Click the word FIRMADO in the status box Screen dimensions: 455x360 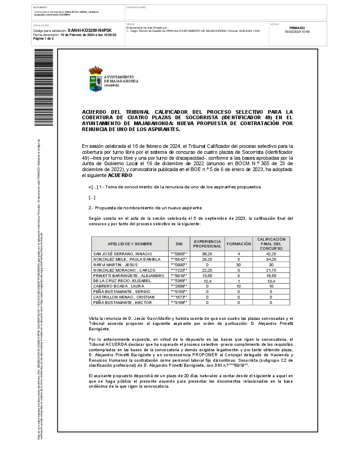[x=297, y=28]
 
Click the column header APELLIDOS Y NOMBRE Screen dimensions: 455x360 [x=130, y=244]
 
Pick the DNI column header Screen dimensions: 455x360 [x=179, y=244]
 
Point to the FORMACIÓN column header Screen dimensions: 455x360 [x=239, y=244]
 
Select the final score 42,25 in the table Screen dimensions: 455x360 [x=271, y=253]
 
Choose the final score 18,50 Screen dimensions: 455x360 [x=271, y=275]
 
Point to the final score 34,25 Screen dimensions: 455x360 [x=271, y=259]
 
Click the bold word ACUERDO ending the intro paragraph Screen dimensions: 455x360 [x=120, y=175]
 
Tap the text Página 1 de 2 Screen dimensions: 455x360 [x=43, y=39]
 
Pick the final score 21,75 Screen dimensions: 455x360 [x=271, y=270]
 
